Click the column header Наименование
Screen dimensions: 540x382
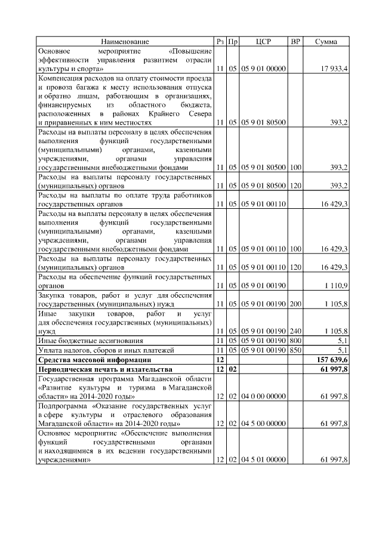coord(125,41)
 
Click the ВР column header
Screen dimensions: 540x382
coord(295,41)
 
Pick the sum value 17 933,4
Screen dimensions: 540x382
coord(335,70)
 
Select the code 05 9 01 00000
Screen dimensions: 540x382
coord(263,70)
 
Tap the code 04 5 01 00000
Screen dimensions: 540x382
coord(263,459)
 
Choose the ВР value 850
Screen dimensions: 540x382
coord(295,350)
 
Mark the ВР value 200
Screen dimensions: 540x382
coord(295,304)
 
